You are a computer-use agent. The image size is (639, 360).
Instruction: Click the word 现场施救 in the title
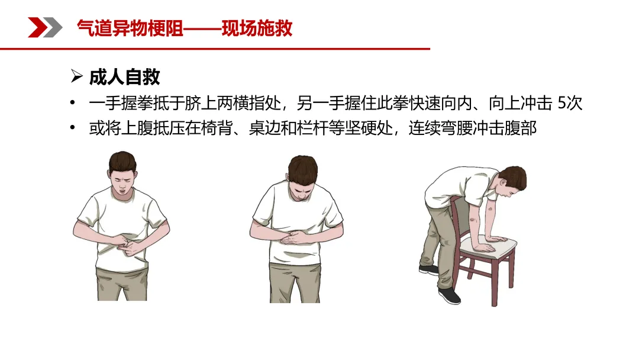pyautogui.click(x=257, y=28)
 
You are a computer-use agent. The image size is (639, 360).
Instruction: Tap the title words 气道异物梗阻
pyautogui.click(x=130, y=28)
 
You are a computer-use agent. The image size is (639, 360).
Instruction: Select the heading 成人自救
pyautogui.click(x=125, y=76)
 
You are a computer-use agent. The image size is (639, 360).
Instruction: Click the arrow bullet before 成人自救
pyautogui.click(x=76, y=76)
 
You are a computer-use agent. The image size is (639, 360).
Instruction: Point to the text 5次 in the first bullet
pyautogui.click(x=570, y=103)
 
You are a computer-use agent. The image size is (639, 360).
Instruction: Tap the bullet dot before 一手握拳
pyautogui.click(x=73, y=103)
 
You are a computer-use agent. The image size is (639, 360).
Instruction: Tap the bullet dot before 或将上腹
pyautogui.click(x=73, y=128)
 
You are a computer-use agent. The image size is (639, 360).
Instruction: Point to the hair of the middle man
pyautogui.click(x=303, y=168)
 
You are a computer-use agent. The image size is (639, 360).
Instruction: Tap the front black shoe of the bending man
pyautogui.click(x=450, y=295)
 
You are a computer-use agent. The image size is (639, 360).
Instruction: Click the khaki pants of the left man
pyautogui.click(x=122, y=284)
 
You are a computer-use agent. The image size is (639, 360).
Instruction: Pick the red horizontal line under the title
pyautogui.click(x=215, y=49)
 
